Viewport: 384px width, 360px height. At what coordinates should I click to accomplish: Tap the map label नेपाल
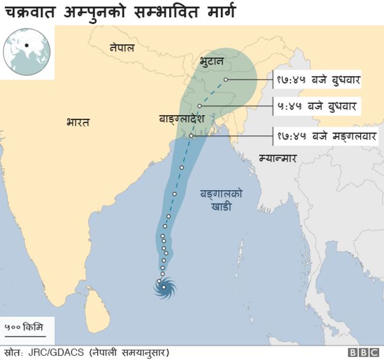(122, 47)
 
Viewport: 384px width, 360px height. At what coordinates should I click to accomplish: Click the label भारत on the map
(78, 122)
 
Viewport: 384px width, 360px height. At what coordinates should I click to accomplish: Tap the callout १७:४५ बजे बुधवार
(318, 79)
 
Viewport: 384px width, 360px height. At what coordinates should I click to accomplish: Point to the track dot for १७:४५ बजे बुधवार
(226, 79)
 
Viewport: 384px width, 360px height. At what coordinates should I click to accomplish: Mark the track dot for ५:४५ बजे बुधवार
(200, 106)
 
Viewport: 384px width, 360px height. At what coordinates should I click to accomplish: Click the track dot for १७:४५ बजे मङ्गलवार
(191, 135)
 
